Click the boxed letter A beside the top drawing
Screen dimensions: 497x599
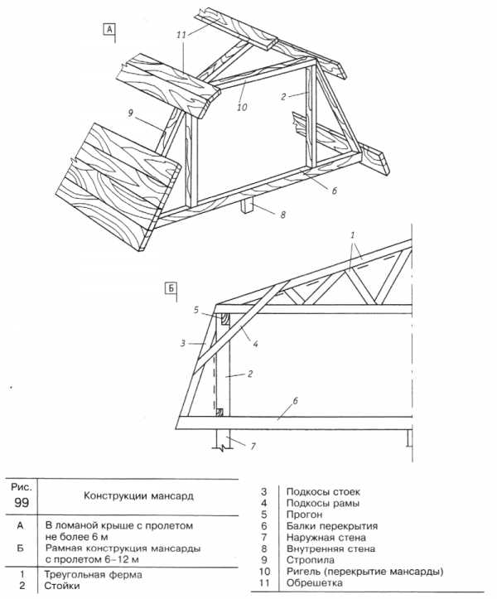(x=109, y=29)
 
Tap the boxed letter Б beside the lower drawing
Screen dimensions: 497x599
(x=171, y=287)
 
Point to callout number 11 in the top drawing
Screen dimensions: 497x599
(x=181, y=35)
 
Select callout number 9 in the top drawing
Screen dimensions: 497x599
(x=130, y=114)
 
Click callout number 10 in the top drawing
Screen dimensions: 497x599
(x=242, y=108)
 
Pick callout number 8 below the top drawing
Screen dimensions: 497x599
(x=282, y=215)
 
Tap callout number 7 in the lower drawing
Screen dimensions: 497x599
(x=253, y=446)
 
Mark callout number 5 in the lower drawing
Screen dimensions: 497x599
(x=196, y=310)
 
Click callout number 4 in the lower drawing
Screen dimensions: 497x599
(x=255, y=344)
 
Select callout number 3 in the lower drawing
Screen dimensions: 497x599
(x=183, y=343)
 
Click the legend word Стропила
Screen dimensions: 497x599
(x=310, y=560)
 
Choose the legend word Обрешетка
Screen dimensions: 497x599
(x=315, y=583)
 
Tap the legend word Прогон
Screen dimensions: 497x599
(x=305, y=514)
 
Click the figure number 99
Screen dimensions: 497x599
(x=22, y=502)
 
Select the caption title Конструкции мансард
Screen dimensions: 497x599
(x=138, y=496)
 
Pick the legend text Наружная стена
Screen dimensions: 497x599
(x=326, y=538)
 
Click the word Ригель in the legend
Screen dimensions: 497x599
(x=304, y=572)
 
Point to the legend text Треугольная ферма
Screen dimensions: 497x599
(x=94, y=574)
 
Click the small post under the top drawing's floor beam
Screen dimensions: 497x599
(x=246, y=206)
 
